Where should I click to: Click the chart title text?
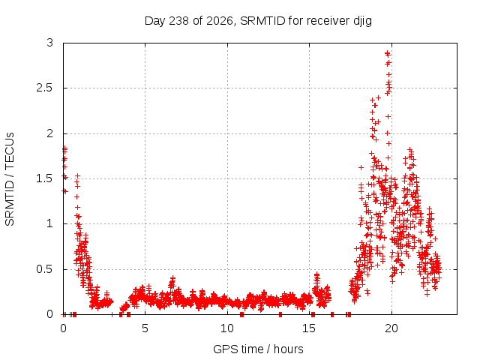(258, 21)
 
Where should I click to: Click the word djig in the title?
(363, 22)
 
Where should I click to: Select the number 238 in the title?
(178, 21)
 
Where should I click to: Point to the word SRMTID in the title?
(262, 21)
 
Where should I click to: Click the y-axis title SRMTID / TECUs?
(10, 179)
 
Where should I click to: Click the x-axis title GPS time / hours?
(258, 349)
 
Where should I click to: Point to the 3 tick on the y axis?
(50, 43)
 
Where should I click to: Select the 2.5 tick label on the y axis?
(45, 88)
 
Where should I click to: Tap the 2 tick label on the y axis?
(50, 133)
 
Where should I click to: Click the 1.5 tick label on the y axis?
(45, 178)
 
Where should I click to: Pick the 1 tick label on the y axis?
(50, 223)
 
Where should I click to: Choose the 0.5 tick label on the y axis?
(45, 269)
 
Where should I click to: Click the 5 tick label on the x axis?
(145, 328)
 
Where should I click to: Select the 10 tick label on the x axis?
(227, 328)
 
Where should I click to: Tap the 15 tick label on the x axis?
(309, 328)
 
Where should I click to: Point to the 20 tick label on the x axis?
(391, 328)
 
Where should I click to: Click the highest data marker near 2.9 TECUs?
(388, 54)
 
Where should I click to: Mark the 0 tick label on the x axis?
(63, 328)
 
